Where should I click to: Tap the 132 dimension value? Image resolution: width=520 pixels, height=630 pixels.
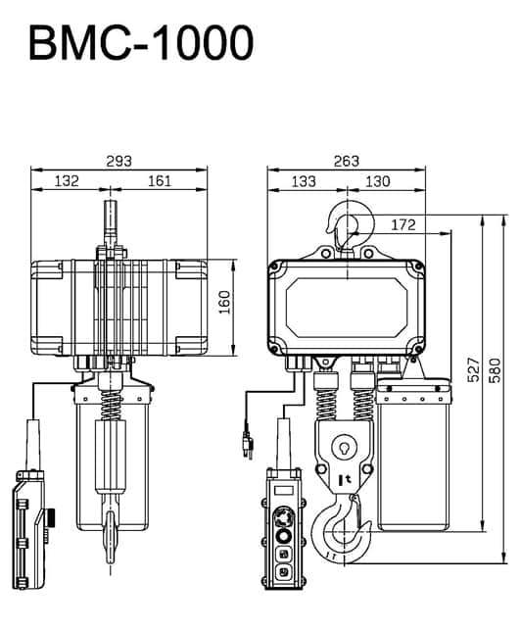pos(67,181)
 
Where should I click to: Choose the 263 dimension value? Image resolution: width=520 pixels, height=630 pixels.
pos(346,160)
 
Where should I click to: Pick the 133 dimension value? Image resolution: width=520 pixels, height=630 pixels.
pos(306,181)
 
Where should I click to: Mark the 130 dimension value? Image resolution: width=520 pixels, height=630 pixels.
pos(378,181)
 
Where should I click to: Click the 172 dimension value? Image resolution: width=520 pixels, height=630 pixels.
pos(402,225)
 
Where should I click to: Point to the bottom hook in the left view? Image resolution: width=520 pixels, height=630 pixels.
pos(113,539)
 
